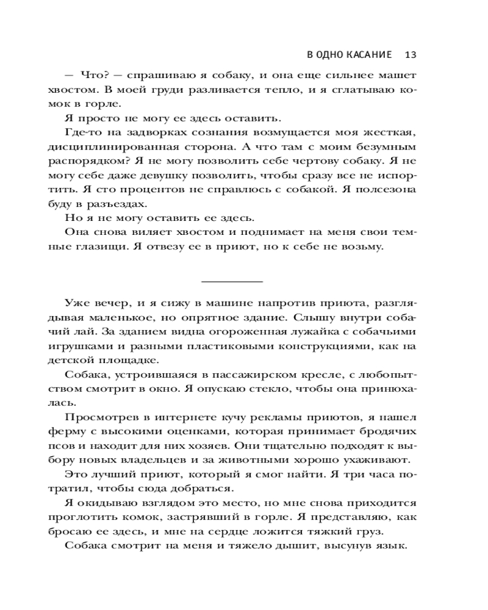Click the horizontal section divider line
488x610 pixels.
[231, 281]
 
